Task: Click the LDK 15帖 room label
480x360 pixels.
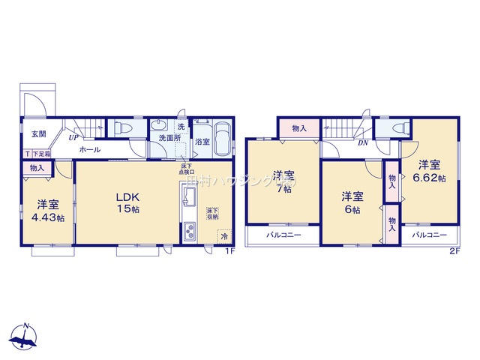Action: point(124,202)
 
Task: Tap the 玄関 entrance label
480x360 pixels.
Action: point(37,134)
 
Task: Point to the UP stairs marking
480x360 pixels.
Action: point(74,138)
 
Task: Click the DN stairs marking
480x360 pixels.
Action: point(362,143)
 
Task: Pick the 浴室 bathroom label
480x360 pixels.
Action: point(202,141)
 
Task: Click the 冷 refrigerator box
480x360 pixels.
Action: point(224,236)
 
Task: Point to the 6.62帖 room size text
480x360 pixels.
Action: point(429,178)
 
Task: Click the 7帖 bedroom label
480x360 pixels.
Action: point(283,189)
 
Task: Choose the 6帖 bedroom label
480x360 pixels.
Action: point(352,210)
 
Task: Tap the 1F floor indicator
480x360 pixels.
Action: point(232,250)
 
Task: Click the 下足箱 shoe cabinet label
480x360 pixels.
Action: point(40,154)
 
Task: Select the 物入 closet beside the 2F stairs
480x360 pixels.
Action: point(299,129)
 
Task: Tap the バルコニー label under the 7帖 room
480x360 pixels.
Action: point(283,235)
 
